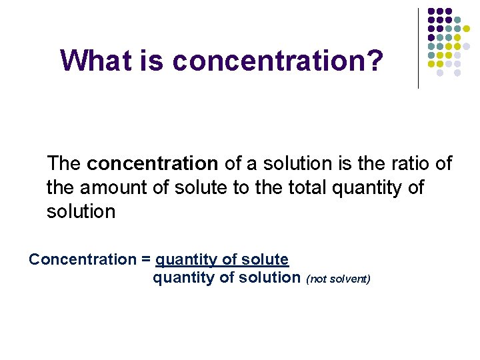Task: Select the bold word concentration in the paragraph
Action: point(152,163)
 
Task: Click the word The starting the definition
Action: point(64,163)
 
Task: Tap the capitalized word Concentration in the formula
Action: point(81,259)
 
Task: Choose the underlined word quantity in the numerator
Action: point(184,260)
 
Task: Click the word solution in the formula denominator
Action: point(273,277)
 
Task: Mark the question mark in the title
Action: point(377,61)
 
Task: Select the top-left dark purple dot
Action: point(431,12)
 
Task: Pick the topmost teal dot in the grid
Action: point(457,21)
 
